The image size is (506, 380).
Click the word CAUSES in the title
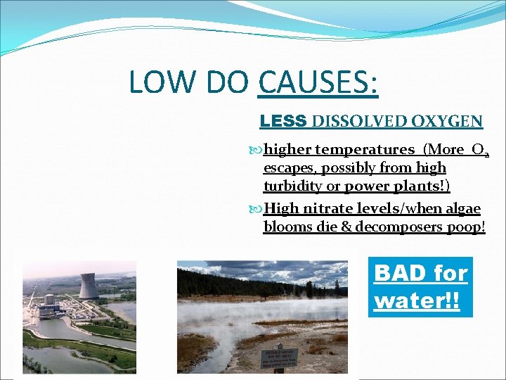[x=318, y=82]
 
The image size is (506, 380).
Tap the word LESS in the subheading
[x=283, y=121]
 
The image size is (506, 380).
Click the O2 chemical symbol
[x=481, y=150]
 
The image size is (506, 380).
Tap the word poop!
[x=469, y=227]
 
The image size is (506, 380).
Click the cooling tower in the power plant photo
[x=89, y=285]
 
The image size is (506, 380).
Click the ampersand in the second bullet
[x=345, y=227]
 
